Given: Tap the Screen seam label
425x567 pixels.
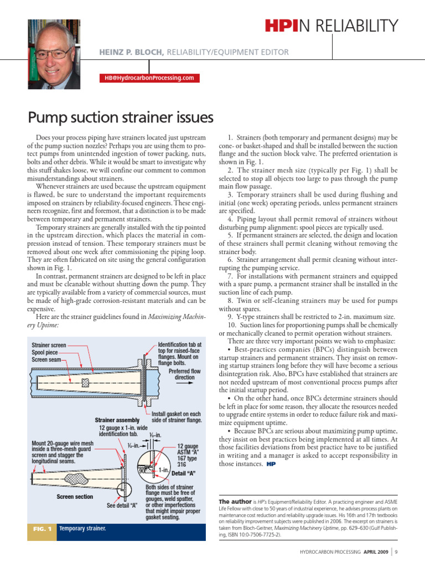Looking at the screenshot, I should tap(46, 359).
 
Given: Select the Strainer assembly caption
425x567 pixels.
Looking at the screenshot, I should tap(117, 420).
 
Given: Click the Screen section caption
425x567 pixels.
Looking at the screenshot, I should tap(75, 497).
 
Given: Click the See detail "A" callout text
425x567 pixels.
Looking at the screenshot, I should tap(122, 505).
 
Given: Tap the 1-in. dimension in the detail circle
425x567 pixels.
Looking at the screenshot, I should tap(163, 470).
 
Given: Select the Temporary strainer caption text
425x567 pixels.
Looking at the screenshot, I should tap(82, 529).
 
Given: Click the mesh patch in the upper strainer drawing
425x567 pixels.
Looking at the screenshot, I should tap(85, 383).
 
